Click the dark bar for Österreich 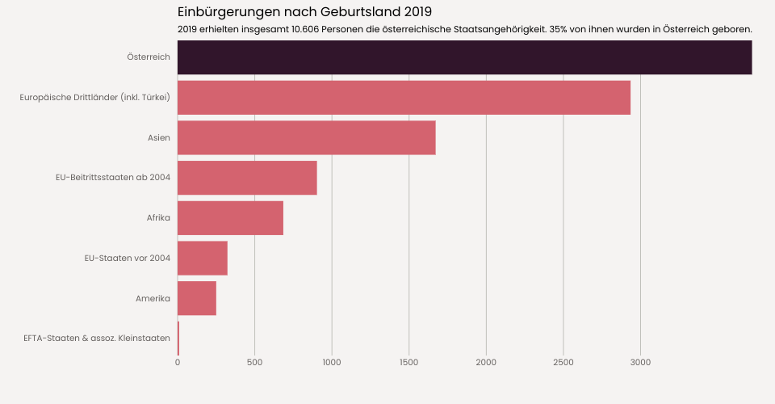click(x=464, y=57)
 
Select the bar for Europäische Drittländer click(x=404, y=98)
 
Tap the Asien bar click(x=306, y=137)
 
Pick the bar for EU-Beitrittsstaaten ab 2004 click(x=247, y=178)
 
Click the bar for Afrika click(x=230, y=218)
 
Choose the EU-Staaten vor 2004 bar click(x=202, y=259)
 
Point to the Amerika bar click(x=196, y=298)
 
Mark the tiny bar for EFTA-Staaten click(x=178, y=338)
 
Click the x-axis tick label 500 click(x=254, y=362)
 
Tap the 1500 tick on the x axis click(x=409, y=362)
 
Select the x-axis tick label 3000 click(x=640, y=362)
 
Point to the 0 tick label click(x=178, y=362)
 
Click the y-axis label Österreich click(x=149, y=57)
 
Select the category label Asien click(x=158, y=137)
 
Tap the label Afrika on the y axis click(x=158, y=218)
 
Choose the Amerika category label click(x=153, y=298)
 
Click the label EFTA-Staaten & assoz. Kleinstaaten click(x=97, y=338)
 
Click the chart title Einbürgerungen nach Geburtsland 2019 click(x=304, y=12)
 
